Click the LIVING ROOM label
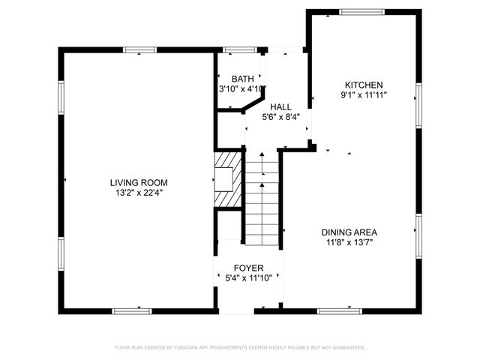coord(139,182)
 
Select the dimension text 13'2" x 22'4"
coord(139,193)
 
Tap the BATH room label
coord(242,79)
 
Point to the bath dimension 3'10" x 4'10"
coord(241,89)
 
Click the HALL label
coord(281,107)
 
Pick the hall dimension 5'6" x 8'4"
coord(281,117)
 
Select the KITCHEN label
coord(364,85)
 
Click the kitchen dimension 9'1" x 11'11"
coord(364,95)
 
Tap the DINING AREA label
coord(349,232)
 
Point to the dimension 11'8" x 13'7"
coord(349,242)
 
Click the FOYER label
coord(248,268)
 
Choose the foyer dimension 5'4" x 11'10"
coord(248,278)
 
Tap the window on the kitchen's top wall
coord(363,12)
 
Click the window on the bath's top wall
coord(240,50)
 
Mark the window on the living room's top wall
coord(140,50)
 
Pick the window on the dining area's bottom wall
coord(339,310)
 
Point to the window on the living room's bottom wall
coord(132,310)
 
